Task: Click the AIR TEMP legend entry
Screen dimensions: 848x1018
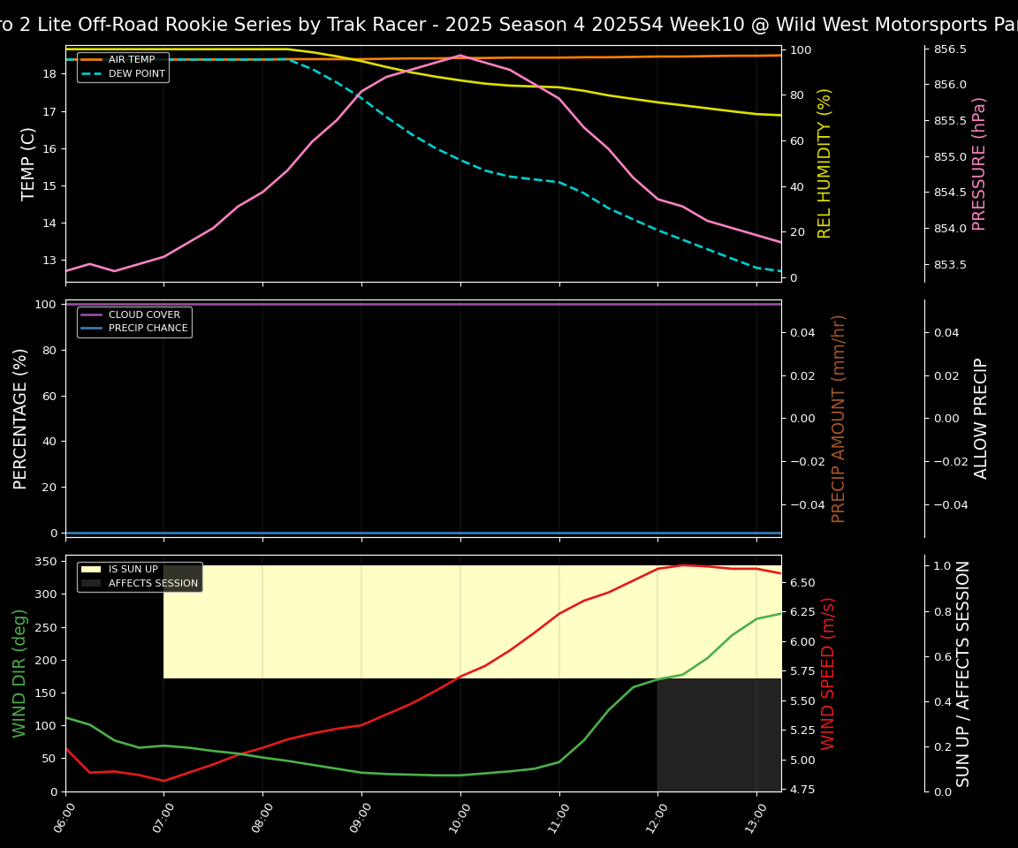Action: (131, 60)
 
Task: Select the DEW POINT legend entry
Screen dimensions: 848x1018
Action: (136, 74)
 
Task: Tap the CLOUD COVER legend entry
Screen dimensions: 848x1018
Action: (144, 314)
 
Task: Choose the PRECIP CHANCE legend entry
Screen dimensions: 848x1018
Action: (148, 329)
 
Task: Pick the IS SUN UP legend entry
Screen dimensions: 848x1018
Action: (133, 570)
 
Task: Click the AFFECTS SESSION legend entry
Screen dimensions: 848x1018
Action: (153, 583)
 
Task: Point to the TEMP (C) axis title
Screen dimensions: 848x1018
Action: (29, 163)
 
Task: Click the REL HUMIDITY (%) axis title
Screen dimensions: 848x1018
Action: (824, 163)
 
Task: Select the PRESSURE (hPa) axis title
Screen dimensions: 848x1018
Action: (979, 163)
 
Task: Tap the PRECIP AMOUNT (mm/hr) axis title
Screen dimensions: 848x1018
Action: (839, 418)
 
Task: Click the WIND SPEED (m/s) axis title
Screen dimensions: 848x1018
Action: (828, 673)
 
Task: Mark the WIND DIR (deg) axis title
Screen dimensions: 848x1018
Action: (19, 673)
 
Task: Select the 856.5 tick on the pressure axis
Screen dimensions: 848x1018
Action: (950, 49)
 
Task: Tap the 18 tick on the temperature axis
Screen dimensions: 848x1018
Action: (49, 74)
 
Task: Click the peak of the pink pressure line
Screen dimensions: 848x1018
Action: (460, 55)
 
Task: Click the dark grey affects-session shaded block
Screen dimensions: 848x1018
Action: (718, 735)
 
